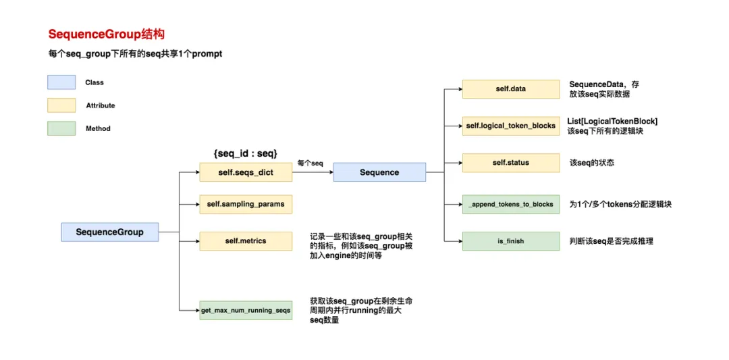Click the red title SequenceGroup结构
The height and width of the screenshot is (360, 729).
[106, 34]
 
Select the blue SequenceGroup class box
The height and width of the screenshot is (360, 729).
[109, 232]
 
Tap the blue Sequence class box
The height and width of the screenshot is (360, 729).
[379, 172]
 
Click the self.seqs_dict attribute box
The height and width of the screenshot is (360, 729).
[246, 172]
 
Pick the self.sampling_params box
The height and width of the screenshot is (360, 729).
[246, 204]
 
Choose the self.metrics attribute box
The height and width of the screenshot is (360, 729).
[246, 241]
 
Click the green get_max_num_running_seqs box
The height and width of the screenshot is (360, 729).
[246, 310]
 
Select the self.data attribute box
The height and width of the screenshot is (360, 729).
[510, 89]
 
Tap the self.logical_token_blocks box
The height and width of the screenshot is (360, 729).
[510, 126]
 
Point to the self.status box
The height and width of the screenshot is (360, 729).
[510, 163]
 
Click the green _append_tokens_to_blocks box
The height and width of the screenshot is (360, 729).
[510, 204]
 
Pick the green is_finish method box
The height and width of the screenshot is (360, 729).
[510, 241]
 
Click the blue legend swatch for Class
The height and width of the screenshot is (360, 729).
[61, 82]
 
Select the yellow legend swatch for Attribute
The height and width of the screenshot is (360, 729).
[61, 105]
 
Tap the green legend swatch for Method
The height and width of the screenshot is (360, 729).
[61, 128]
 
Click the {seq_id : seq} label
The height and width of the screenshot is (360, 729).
[245, 153]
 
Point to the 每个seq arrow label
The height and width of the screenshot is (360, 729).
[310, 163]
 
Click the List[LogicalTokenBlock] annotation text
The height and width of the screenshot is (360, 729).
[612, 121]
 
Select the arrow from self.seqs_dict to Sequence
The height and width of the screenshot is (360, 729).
[313, 172]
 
